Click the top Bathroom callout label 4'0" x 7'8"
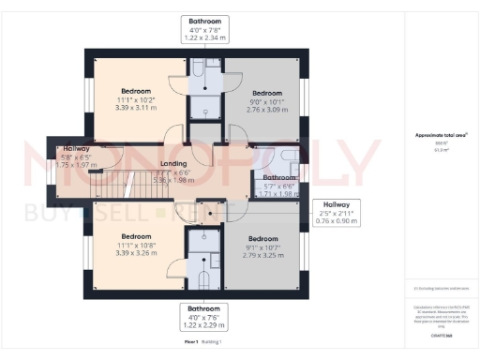point(205,29)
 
